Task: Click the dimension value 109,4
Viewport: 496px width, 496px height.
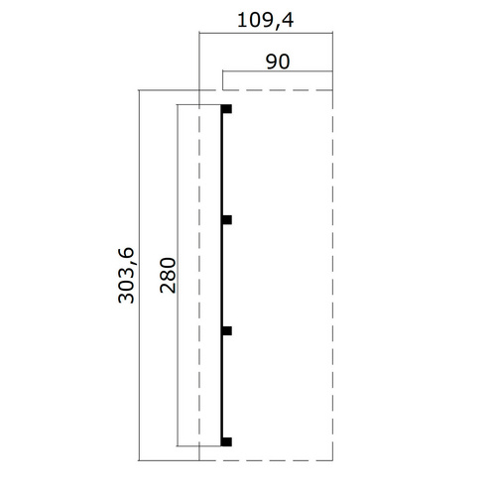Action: (265, 21)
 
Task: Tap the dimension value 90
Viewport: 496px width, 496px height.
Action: (278, 62)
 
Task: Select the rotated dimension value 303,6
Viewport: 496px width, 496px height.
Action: (126, 275)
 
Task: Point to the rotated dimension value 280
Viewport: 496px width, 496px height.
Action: (168, 275)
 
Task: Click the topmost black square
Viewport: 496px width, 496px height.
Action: (226, 109)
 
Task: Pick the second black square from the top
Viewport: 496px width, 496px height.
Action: (226, 219)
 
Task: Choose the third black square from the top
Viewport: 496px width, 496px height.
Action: (226, 330)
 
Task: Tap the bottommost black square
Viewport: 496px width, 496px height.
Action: (226, 441)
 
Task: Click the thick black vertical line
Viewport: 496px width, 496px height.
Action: (222, 275)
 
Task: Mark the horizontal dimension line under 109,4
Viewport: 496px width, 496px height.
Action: (266, 33)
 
